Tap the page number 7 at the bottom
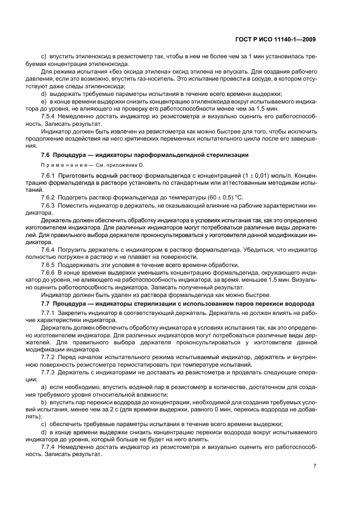click(x=315, y=466)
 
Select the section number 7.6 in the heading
click(x=47, y=155)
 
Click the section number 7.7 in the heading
click(x=47, y=303)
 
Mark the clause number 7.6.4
click(x=48, y=249)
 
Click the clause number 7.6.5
click(x=48, y=264)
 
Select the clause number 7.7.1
click(x=48, y=313)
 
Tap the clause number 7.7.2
click(x=48, y=356)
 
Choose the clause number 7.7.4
click(x=48, y=446)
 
